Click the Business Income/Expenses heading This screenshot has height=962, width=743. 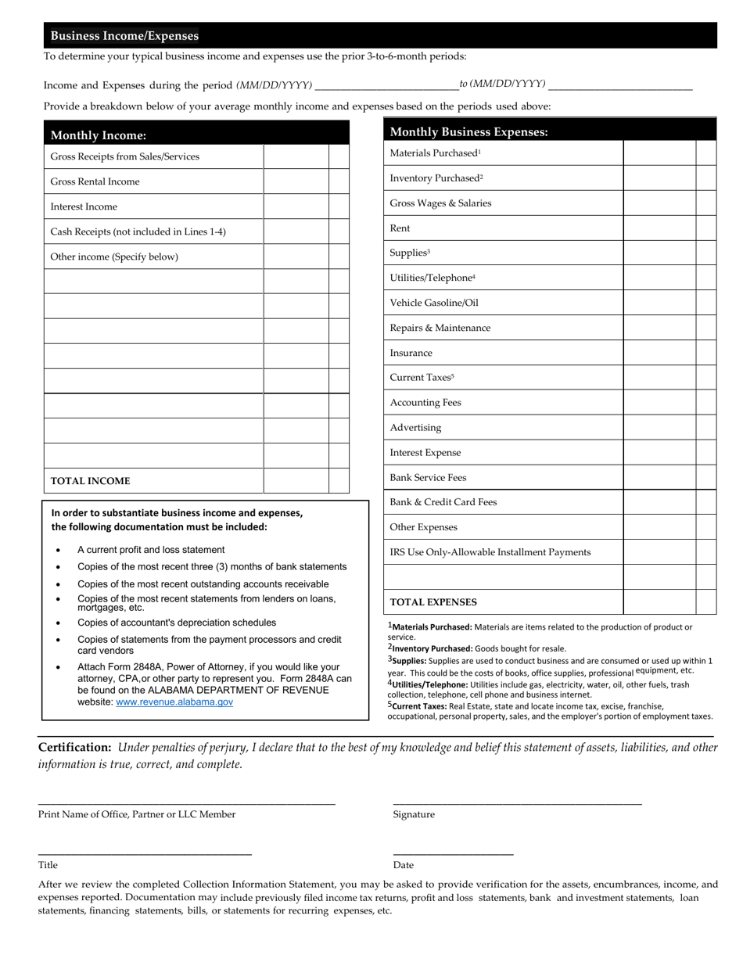[124, 36]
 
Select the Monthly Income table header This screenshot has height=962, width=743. [98, 135]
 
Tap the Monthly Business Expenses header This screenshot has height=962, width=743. [468, 132]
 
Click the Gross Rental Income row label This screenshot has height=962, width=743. [95, 181]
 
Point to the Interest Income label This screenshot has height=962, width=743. [84, 206]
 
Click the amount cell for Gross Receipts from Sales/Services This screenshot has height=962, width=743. [296, 156]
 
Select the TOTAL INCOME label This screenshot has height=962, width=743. [90, 481]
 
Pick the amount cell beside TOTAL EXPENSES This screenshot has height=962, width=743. [659, 602]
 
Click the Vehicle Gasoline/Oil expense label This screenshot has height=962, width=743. [433, 303]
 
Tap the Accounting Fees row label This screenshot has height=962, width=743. [425, 403]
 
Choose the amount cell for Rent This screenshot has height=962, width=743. [659, 228]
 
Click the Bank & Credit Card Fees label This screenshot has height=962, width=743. [443, 502]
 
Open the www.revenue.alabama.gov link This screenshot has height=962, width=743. [174, 702]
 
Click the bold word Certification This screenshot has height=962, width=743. [74, 747]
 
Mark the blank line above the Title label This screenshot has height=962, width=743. [145, 853]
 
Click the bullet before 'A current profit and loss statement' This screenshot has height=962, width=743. [58, 551]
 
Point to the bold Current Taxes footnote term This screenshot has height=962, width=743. [420, 705]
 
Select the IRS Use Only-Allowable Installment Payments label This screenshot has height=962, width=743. [490, 552]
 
